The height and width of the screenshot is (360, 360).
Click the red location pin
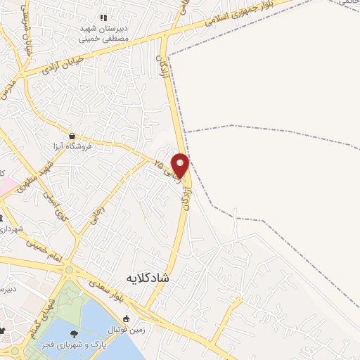[181, 165]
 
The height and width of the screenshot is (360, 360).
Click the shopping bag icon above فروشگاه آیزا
[72, 136]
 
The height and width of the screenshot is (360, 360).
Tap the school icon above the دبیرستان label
[103, 18]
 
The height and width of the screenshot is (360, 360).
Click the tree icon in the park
[73, 334]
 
